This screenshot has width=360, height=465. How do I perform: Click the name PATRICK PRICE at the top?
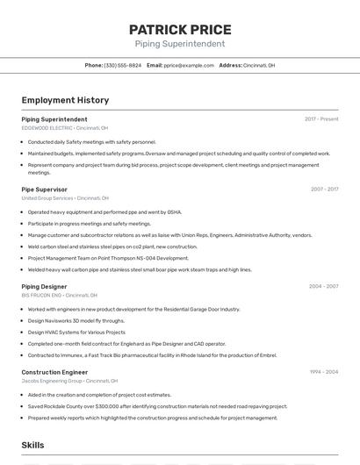coord(180,29)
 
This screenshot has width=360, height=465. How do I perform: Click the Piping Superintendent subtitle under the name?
coord(180,44)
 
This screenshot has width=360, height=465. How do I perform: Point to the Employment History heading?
coord(66,100)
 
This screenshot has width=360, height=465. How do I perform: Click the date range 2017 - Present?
coord(321,118)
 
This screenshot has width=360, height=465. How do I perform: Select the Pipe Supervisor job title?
coord(45,190)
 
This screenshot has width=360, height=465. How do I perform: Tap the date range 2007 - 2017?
coord(324,190)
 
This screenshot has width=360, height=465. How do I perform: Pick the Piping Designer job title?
coord(45,286)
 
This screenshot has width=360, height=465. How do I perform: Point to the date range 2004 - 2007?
coord(324,286)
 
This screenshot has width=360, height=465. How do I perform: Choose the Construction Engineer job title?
coord(55,372)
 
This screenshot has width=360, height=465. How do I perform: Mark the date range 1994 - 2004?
coord(324,372)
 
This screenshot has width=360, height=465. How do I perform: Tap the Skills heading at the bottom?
coord(33,446)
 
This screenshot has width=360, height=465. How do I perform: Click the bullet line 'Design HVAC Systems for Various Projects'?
coord(76,333)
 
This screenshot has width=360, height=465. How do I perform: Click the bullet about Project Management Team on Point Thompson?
coord(108,258)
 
